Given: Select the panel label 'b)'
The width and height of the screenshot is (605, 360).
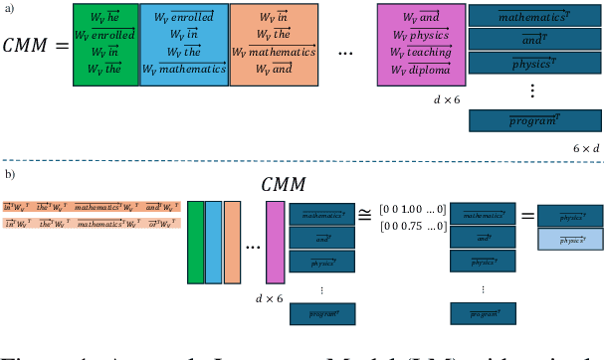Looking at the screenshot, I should point(9,174).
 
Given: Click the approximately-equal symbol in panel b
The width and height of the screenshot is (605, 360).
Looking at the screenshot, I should point(366,212).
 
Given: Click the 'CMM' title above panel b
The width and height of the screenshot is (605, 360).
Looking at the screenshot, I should point(284,183).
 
